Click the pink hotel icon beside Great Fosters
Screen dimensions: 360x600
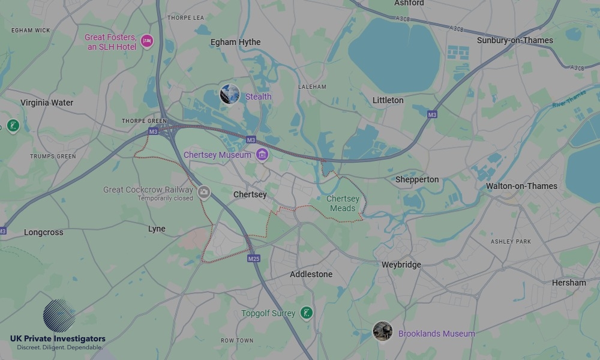click(x=147, y=41)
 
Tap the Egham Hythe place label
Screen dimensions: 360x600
click(x=235, y=42)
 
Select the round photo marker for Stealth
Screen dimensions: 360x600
click(x=230, y=94)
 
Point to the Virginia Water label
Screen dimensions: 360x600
click(x=47, y=103)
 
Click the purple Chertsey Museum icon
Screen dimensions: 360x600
click(x=261, y=155)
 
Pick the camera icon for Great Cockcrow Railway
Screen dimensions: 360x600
click(x=204, y=192)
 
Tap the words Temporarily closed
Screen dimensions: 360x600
click(x=165, y=199)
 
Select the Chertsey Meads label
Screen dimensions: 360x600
click(x=343, y=203)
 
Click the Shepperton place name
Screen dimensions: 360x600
click(x=417, y=179)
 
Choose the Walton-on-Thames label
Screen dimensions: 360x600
click(x=521, y=186)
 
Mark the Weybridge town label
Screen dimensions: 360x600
click(x=401, y=265)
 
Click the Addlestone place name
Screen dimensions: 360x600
click(x=311, y=274)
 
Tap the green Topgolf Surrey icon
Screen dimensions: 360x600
click(x=307, y=313)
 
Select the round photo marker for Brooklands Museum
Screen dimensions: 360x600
click(x=382, y=331)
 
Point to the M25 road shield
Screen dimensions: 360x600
click(x=253, y=259)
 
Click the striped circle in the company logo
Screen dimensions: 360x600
click(x=59, y=316)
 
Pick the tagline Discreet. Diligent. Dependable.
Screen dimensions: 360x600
click(x=59, y=347)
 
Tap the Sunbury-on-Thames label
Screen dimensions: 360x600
click(x=515, y=40)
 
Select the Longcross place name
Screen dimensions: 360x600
click(x=43, y=232)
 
